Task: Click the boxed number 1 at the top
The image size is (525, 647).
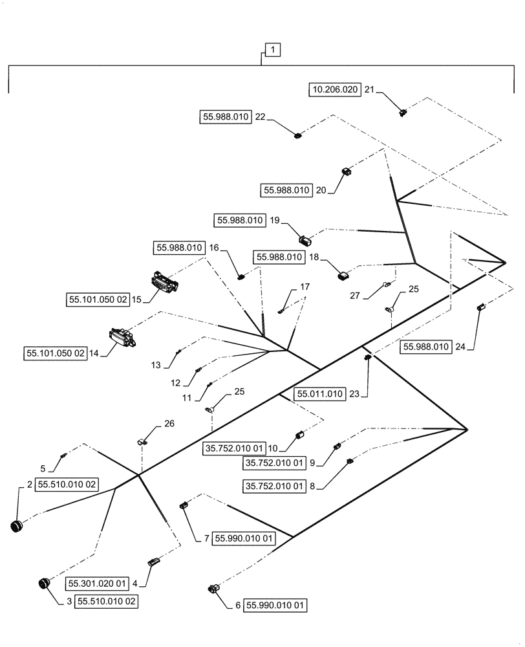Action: coord(272,50)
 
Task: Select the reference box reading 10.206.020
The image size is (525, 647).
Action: coord(333,91)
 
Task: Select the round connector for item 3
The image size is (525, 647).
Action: coord(45,584)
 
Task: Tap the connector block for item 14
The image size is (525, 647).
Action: coord(121,336)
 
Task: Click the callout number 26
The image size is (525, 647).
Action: coord(169,424)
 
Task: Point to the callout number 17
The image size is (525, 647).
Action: coord(304,286)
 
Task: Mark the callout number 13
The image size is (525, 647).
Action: coord(156,366)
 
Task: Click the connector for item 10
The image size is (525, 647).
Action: coord(299,435)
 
